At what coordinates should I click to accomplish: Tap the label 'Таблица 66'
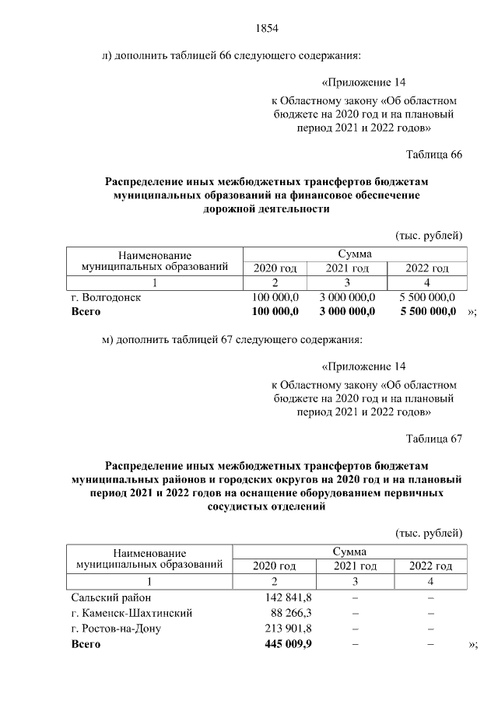[434, 154]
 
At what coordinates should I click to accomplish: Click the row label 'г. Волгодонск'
[106, 298]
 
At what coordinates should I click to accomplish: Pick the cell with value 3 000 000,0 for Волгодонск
[347, 298]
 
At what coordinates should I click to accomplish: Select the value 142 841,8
[289, 597]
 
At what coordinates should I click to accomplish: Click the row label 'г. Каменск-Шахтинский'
[132, 613]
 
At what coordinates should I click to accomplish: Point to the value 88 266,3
[292, 613]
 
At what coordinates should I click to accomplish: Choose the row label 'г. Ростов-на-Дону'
[116, 629]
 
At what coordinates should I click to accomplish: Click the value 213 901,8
[289, 629]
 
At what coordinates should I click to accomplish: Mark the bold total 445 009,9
[288, 644]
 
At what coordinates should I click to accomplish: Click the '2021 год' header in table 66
[347, 268]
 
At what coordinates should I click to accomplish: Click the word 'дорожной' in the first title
[232, 209]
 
